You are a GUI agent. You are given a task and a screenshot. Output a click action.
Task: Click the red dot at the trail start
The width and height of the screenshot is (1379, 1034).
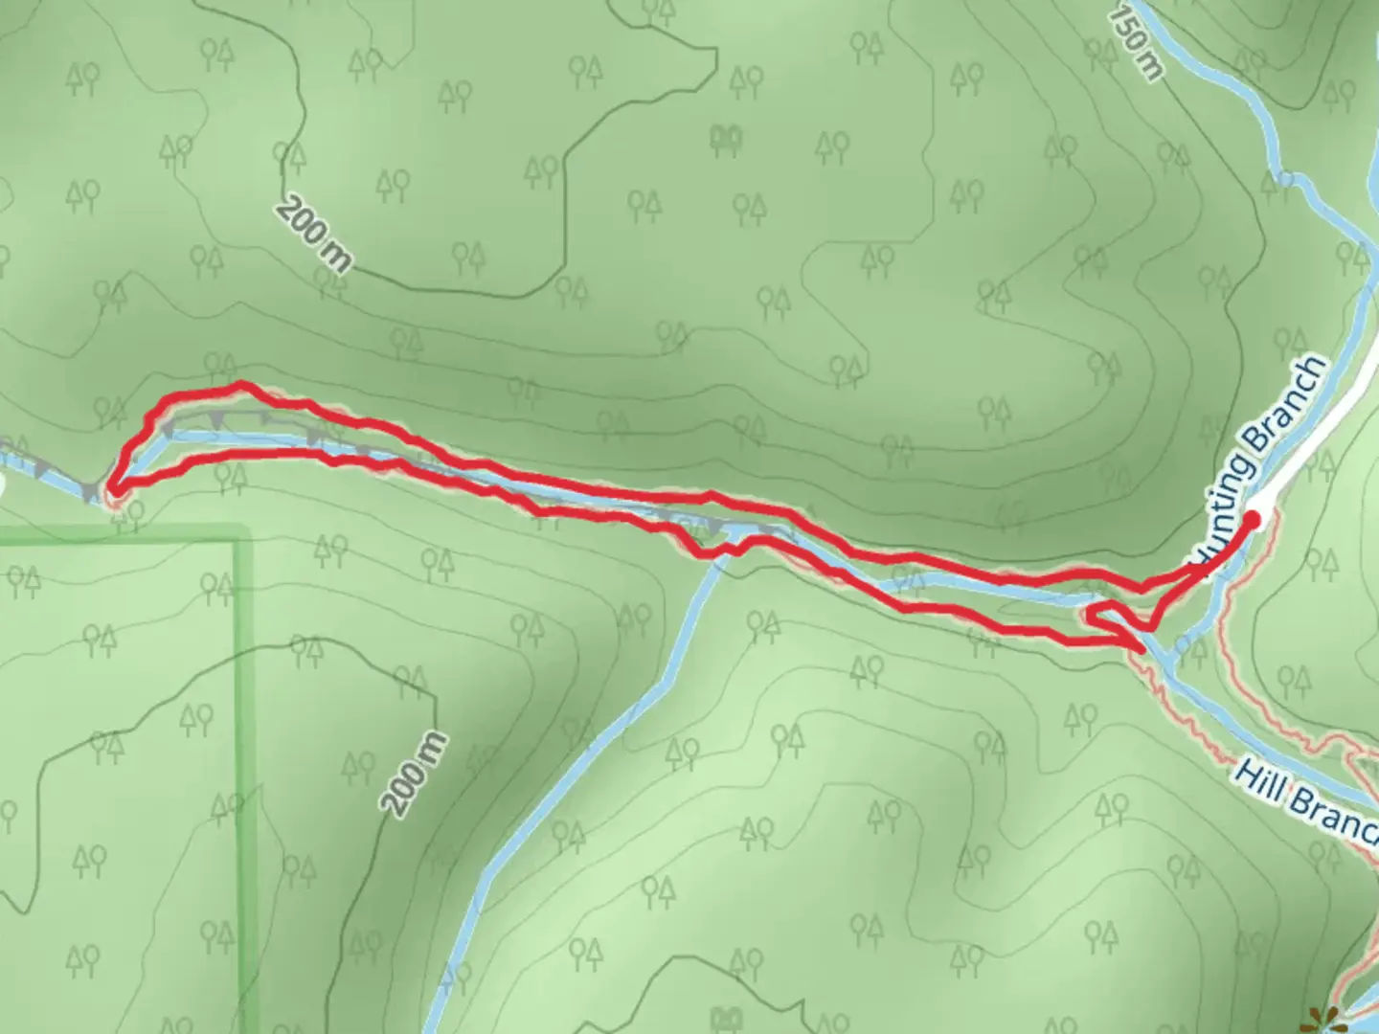1252,519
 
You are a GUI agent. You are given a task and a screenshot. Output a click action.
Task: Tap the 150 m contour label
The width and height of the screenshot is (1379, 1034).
1138,44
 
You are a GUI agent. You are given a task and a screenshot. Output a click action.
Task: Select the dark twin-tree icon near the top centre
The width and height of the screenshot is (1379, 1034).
727,140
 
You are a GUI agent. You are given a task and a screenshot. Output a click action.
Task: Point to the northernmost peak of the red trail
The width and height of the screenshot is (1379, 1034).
241,385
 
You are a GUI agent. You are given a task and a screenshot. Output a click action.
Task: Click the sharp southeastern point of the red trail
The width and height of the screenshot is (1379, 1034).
1142,650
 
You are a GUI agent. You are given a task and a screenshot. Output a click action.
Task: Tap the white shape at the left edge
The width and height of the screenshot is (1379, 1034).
3,484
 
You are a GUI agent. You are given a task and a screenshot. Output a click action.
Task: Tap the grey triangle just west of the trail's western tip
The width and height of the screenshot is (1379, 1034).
89,493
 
